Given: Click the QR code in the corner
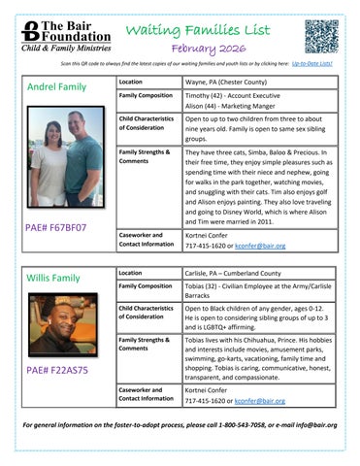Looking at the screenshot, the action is tap(321, 36).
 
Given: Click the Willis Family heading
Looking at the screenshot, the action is tap(53, 278).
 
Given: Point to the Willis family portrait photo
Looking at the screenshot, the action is tap(62, 323).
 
